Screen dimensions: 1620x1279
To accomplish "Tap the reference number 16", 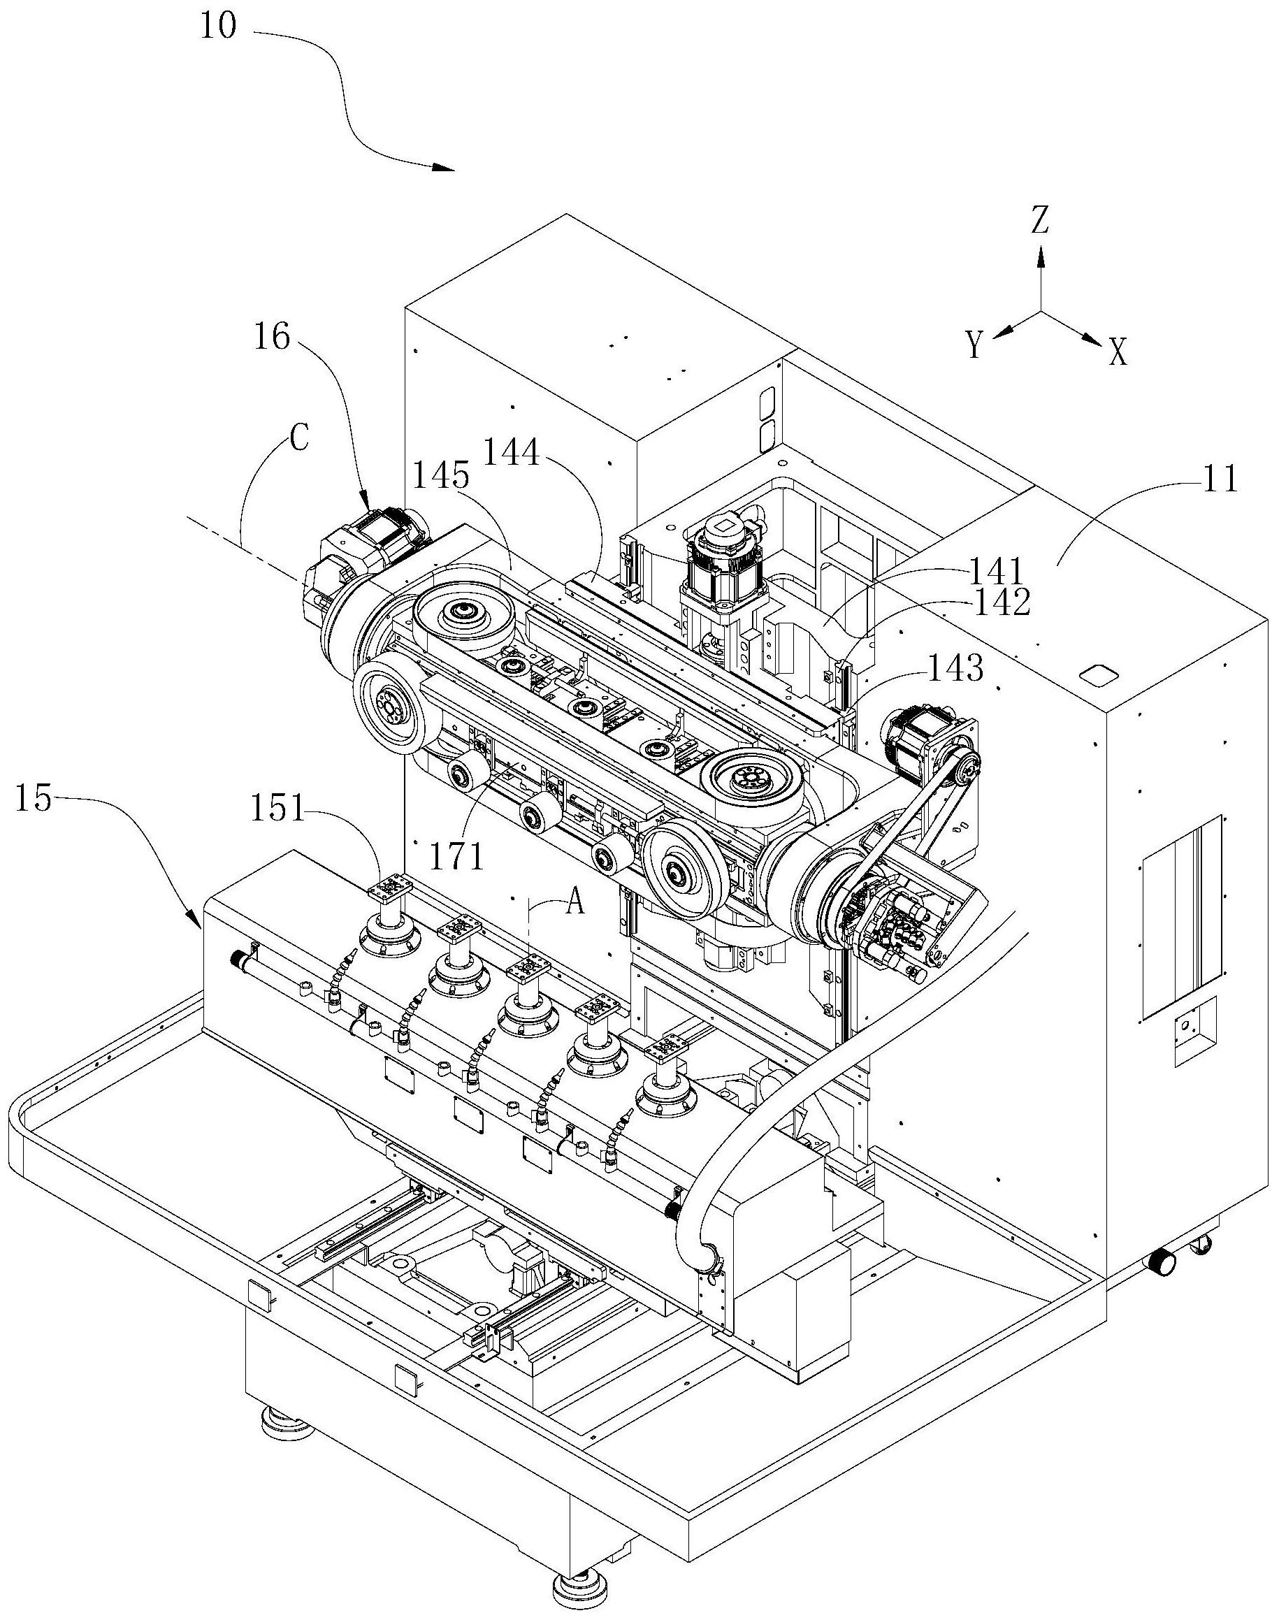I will point(270,338).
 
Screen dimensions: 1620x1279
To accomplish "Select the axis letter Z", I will point(1039,221).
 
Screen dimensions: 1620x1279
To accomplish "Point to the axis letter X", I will point(1118,352).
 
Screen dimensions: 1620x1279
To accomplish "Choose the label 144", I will point(512,452).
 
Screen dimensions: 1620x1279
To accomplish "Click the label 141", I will point(997,572).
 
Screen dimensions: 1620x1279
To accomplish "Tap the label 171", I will point(458,857).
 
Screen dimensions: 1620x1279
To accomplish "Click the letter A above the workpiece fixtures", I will point(575,904).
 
